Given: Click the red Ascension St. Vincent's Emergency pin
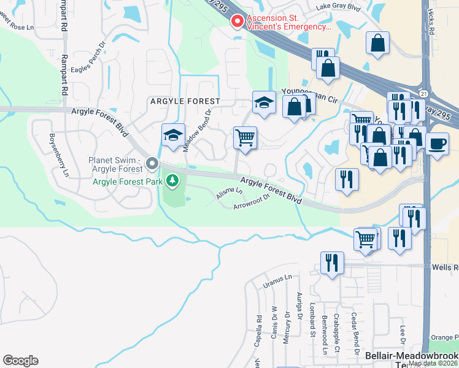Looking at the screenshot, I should [x=236, y=22].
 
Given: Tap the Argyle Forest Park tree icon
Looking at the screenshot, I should [x=174, y=181].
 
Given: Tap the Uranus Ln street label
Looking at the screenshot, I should [x=272, y=282].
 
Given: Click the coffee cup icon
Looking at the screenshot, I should [x=437, y=144].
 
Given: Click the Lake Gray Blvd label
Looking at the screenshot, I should [x=337, y=7].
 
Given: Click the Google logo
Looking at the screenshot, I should [x=20, y=360].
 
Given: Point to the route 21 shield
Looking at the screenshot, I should [x=424, y=93].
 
